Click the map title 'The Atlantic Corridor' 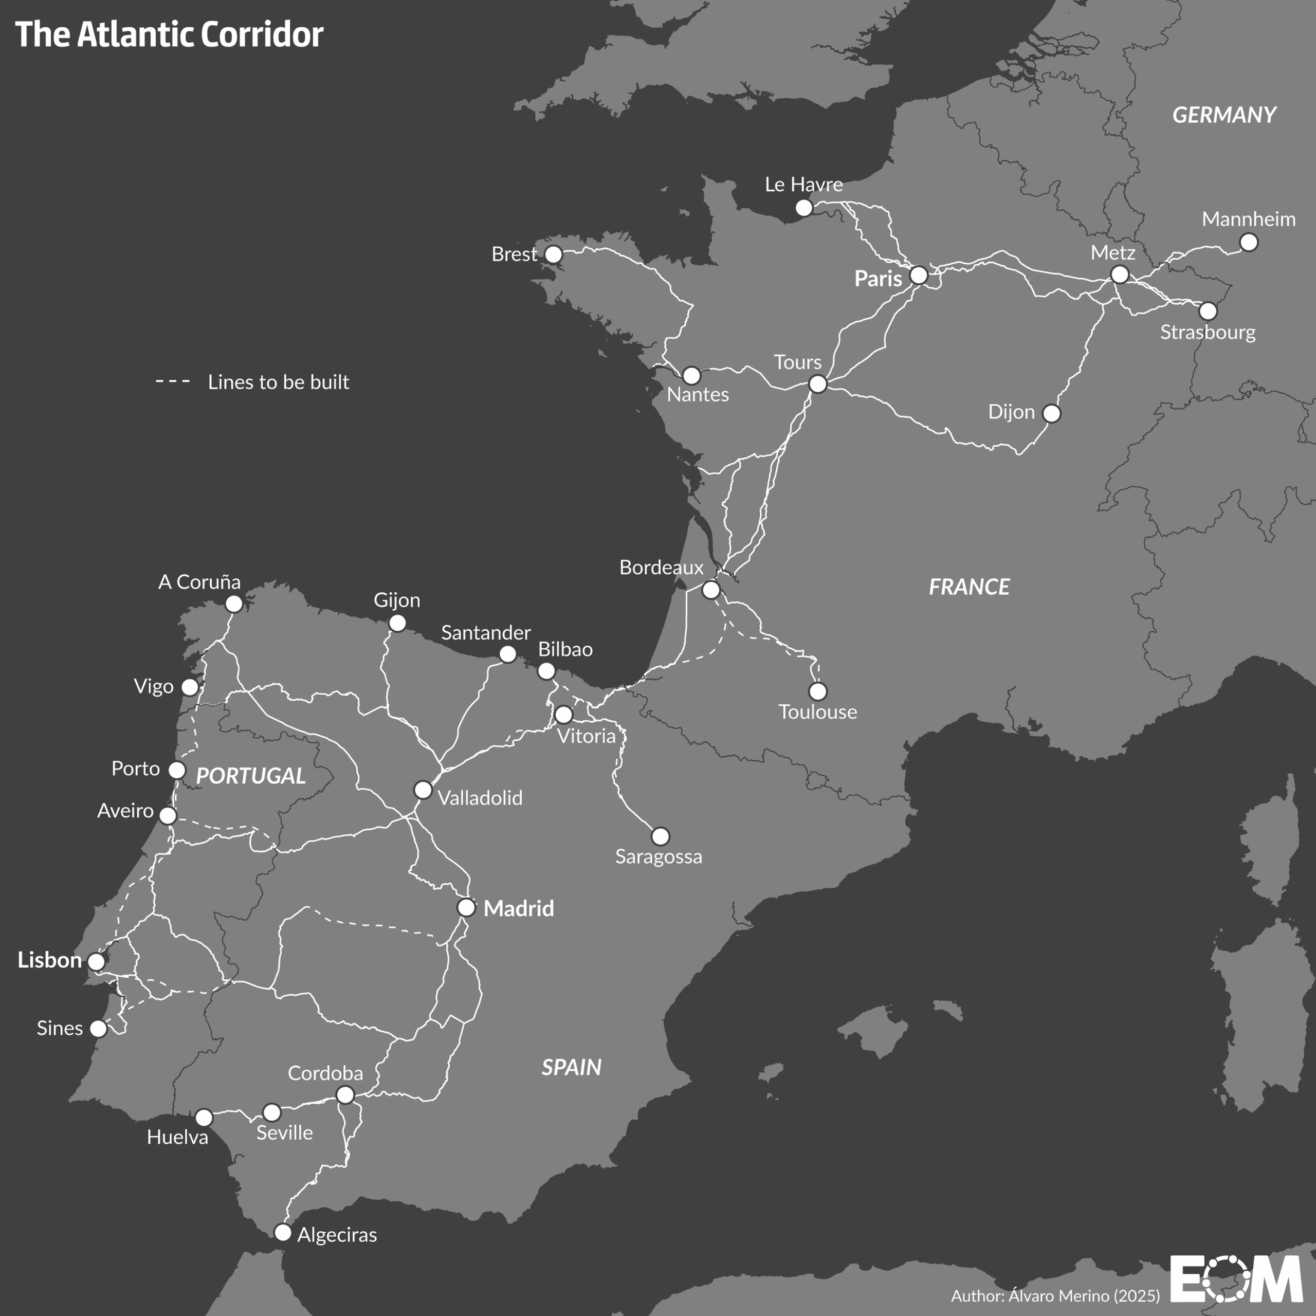(x=169, y=34)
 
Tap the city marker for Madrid (x=466, y=907)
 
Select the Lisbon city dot (x=97, y=961)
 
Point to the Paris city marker (x=919, y=275)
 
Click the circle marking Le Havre (x=804, y=208)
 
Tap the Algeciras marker (x=283, y=1232)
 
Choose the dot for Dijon (x=1052, y=413)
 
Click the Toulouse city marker (x=817, y=691)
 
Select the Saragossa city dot (x=660, y=836)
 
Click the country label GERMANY (x=1224, y=115)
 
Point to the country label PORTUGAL (x=251, y=776)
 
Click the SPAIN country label (x=571, y=1067)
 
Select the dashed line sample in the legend (x=173, y=381)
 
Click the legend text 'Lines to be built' (x=278, y=382)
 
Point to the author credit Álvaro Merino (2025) (x=1055, y=1295)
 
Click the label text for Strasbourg (x=1208, y=333)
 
